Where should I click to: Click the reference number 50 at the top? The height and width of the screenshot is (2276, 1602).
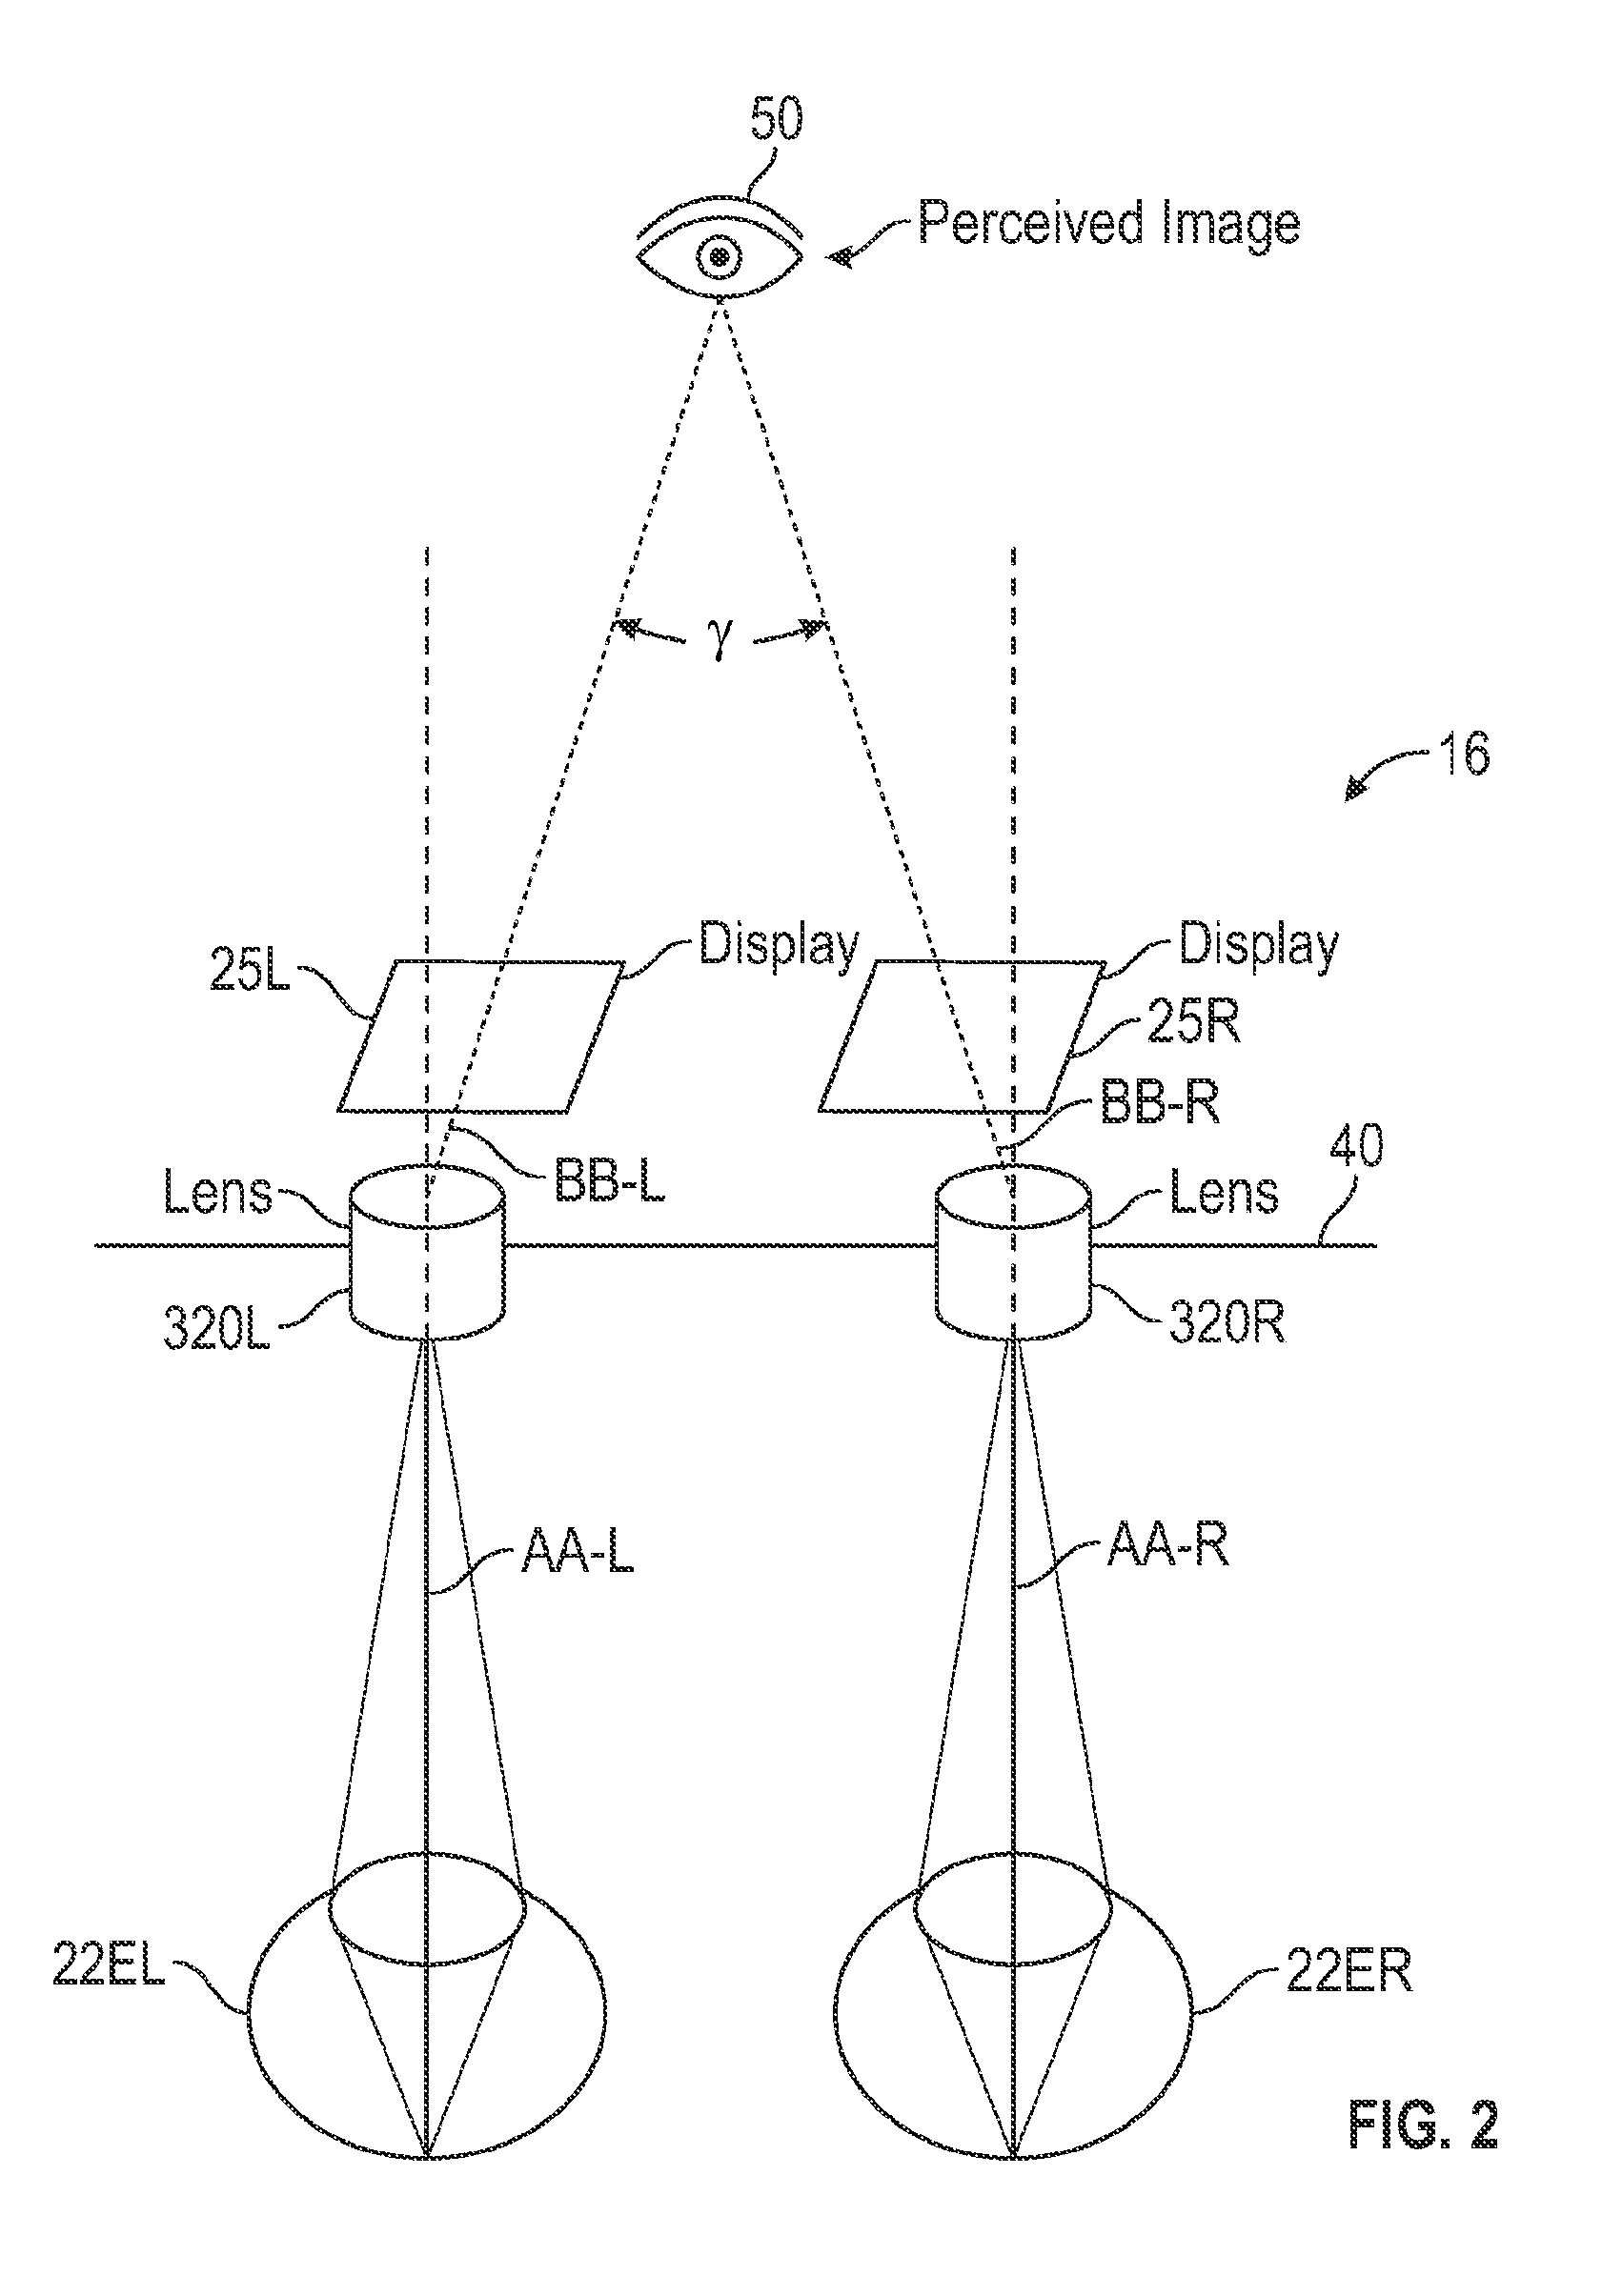(x=775, y=120)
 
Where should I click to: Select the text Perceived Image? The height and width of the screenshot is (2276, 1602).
(x=1108, y=224)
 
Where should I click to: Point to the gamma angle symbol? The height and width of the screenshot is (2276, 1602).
(x=720, y=640)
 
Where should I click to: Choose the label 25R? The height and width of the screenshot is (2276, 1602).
(x=1192, y=1023)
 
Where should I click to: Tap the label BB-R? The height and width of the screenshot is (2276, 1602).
(x=1159, y=1103)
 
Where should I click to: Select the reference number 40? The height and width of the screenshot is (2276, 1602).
(x=1355, y=1147)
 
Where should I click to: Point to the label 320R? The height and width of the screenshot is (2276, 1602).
(x=1227, y=1322)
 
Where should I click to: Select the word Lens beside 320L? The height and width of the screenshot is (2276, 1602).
(x=218, y=1193)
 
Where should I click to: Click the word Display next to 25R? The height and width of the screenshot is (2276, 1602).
(x=1258, y=945)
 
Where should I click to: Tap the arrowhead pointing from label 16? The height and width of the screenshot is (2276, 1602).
(x=1354, y=790)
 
